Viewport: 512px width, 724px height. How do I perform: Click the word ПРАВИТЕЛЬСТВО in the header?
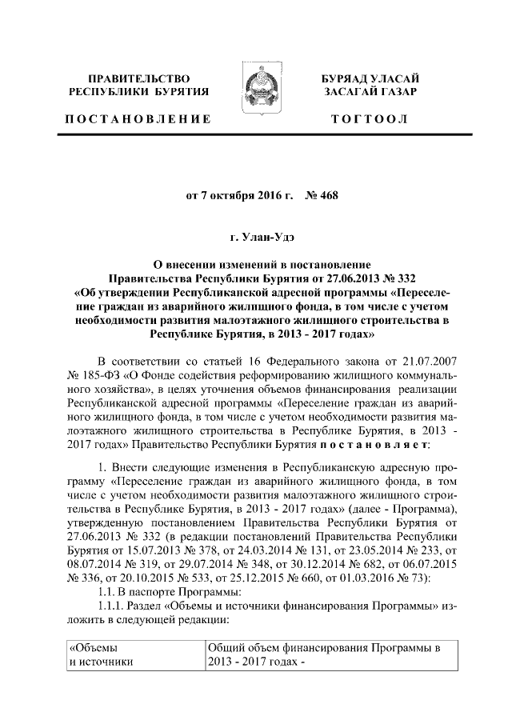click(x=139, y=78)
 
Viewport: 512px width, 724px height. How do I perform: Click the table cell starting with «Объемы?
click(x=134, y=655)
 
